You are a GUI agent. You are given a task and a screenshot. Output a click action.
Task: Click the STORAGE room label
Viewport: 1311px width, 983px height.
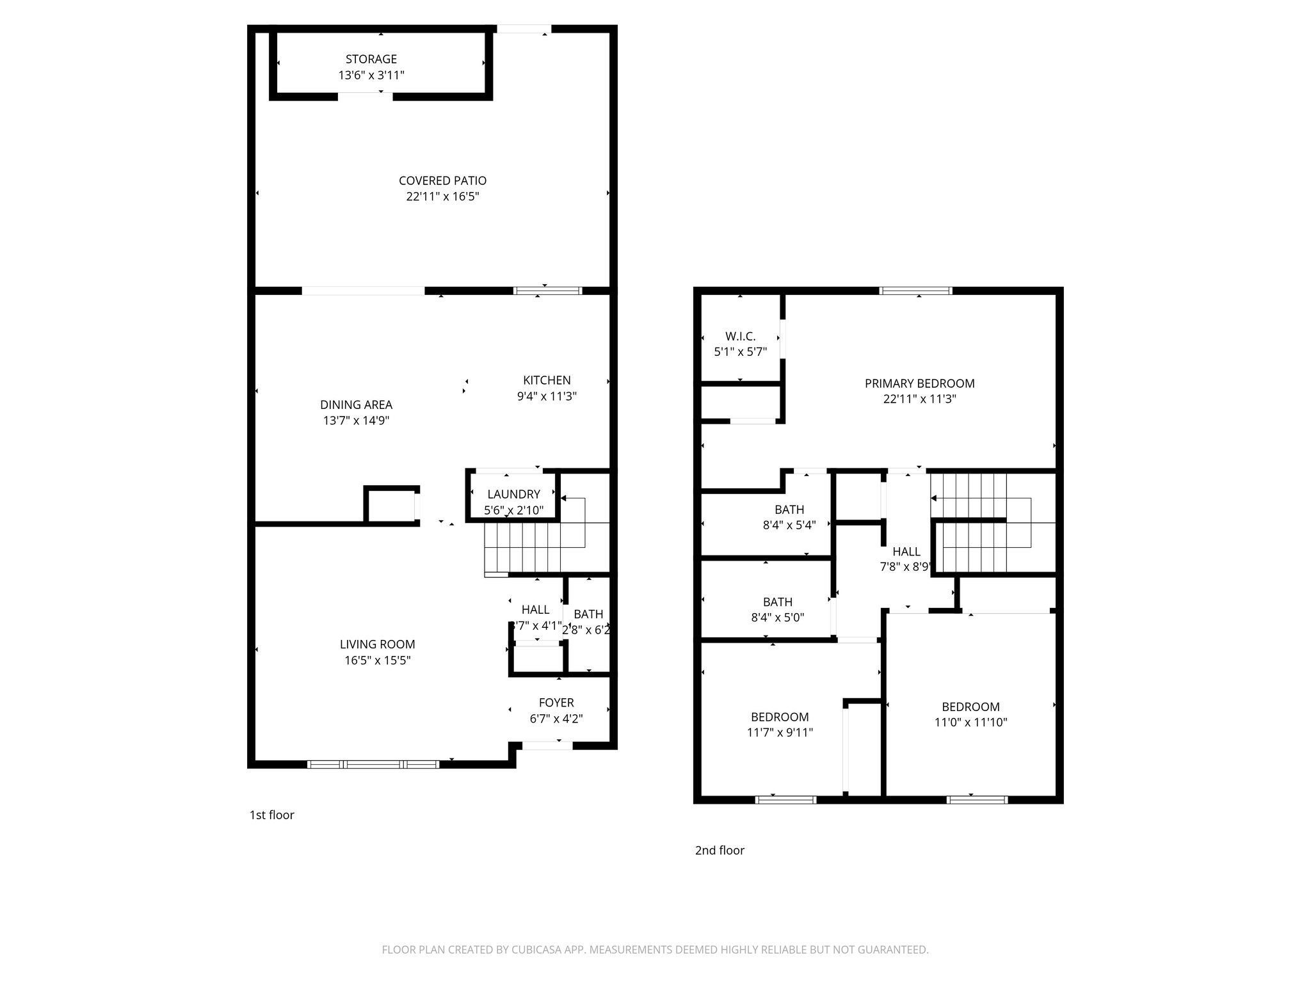click(x=371, y=60)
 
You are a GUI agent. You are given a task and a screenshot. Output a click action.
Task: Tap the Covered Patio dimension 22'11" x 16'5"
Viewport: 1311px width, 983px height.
click(x=442, y=196)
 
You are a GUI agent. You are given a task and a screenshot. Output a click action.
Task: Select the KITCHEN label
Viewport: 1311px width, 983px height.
click(x=547, y=380)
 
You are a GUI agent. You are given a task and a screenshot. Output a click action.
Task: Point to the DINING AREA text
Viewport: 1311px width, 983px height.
click(x=356, y=404)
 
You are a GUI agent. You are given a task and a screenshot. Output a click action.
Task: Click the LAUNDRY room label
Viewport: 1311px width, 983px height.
click(x=513, y=494)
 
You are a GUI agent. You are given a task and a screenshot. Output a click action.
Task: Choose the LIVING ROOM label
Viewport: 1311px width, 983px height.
click(x=377, y=644)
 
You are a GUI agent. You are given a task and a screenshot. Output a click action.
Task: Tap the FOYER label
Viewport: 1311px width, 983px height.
click(x=556, y=703)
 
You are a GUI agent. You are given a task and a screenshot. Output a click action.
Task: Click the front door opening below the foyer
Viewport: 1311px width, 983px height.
click(x=547, y=746)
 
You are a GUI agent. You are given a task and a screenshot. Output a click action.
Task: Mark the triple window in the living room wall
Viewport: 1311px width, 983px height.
click(x=373, y=764)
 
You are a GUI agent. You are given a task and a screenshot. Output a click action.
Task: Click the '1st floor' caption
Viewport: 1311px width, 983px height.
click(x=271, y=815)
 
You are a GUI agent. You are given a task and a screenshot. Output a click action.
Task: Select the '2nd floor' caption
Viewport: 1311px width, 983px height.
click(x=720, y=850)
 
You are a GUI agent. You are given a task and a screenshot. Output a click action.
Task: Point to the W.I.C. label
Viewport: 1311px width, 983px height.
click(x=740, y=336)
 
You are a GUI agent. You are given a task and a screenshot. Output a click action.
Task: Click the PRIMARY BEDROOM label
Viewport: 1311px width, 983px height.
click(x=919, y=383)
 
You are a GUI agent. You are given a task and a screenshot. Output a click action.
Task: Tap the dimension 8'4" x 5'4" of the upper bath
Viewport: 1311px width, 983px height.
click(x=789, y=525)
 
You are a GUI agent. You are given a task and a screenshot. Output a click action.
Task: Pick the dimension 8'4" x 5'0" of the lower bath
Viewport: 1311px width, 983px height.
click(x=778, y=618)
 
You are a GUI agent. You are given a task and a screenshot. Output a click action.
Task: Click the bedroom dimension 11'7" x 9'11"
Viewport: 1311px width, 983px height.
click(x=780, y=733)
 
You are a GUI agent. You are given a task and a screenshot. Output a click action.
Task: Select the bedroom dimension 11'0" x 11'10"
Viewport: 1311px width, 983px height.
click(x=970, y=723)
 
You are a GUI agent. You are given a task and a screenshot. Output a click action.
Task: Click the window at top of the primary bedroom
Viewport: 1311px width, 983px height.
click(x=915, y=291)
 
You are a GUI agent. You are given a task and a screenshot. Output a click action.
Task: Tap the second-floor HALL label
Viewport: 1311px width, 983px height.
click(x=906, y=552)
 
